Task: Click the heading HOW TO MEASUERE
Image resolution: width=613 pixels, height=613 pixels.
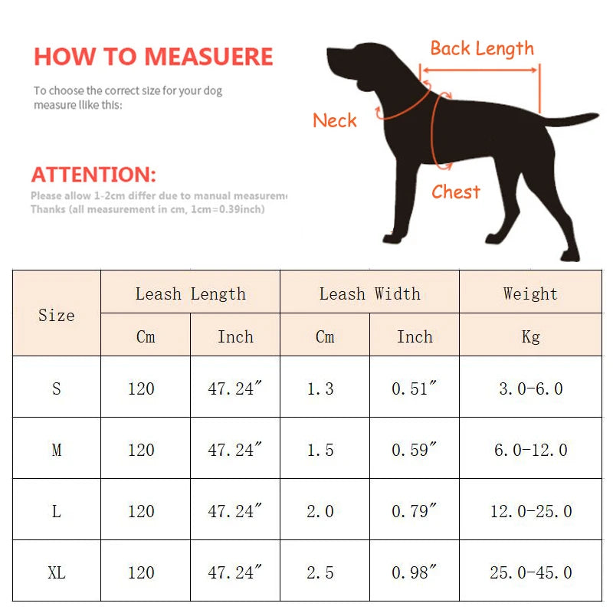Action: pos(153,57)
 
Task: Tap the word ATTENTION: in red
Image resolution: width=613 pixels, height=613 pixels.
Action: pos(93,174)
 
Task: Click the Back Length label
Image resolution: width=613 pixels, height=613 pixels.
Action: pos(482,49)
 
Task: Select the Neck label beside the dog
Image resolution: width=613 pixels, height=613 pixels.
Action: pos(335,120)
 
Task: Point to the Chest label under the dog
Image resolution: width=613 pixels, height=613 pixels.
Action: pos(456,192)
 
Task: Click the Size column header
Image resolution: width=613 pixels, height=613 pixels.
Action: pos(57,315)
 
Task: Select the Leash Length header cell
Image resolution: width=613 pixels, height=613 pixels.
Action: pos(191,293)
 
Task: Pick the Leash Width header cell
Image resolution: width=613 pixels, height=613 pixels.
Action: pos(369,293)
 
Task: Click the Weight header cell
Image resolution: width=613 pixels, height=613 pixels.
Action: pos(530,293)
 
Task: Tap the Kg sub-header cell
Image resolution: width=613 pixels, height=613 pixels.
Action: pos(530,336)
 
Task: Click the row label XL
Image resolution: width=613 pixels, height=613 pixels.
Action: pos(57,572)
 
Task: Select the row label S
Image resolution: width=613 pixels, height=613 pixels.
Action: pos(57,388)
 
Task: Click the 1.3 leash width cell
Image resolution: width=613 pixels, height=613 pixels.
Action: pos(320,388)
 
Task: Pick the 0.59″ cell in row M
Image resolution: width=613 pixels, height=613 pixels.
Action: pos(414,450)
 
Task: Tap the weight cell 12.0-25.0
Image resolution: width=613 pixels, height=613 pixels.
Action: pos(530,511)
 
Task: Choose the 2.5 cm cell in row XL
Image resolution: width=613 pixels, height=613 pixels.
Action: pos(320,572)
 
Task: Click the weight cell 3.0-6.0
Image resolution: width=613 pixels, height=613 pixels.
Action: pos(530,388)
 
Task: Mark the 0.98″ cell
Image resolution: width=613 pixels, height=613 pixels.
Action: pos(414,572)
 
